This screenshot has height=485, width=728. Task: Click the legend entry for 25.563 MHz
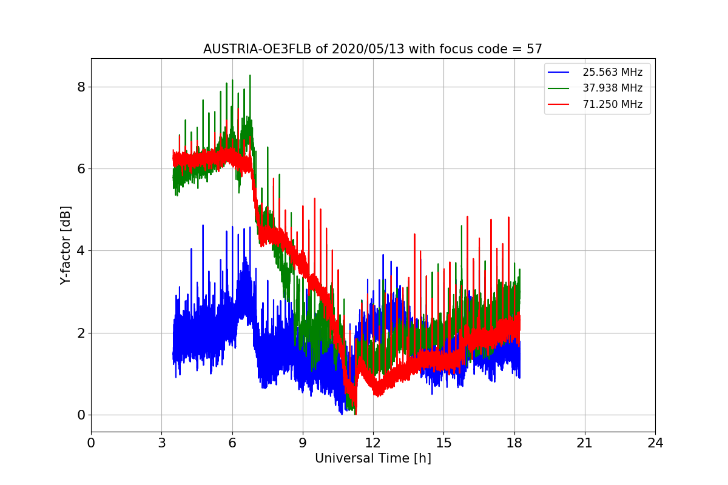click(612, 72)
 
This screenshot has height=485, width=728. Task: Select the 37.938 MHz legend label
click(612, 88)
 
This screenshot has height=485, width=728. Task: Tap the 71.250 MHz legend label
click(612, 104)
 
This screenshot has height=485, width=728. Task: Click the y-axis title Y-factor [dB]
click(66, 245)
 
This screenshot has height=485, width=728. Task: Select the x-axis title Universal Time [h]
click(372, 458)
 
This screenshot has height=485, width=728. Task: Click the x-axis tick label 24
click(655, 443)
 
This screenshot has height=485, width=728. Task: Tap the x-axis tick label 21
click(584, 443)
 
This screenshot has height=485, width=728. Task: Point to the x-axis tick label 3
click(161, 443)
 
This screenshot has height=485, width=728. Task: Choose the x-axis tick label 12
click(372, 443)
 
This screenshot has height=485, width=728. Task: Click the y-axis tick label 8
click(81, 87)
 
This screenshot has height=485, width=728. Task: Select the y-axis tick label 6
click(81, 169)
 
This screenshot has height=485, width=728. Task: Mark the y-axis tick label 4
click(81, 251)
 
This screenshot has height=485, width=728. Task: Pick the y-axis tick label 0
click(81, 415)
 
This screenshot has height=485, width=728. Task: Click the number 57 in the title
click(534, 49)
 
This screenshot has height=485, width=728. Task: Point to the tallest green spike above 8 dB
click(250, 76)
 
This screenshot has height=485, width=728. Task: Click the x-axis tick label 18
click(514, 443)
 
